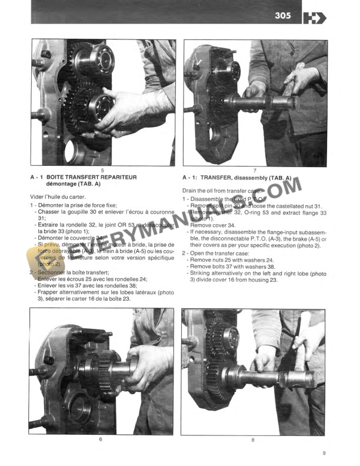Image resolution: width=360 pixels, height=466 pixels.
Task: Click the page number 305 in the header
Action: pos(282,15)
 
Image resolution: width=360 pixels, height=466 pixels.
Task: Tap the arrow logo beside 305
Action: pos(315,18)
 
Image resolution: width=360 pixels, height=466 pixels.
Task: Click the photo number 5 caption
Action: pos(102,169)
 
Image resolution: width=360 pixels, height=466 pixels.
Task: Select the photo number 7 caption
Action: pos(255,169)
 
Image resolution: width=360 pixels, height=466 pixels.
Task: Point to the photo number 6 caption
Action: pos(101,440)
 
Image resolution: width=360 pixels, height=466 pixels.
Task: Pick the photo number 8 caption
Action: pos(253,440)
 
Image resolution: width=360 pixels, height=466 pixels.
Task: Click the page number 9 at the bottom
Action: pos(324,453)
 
